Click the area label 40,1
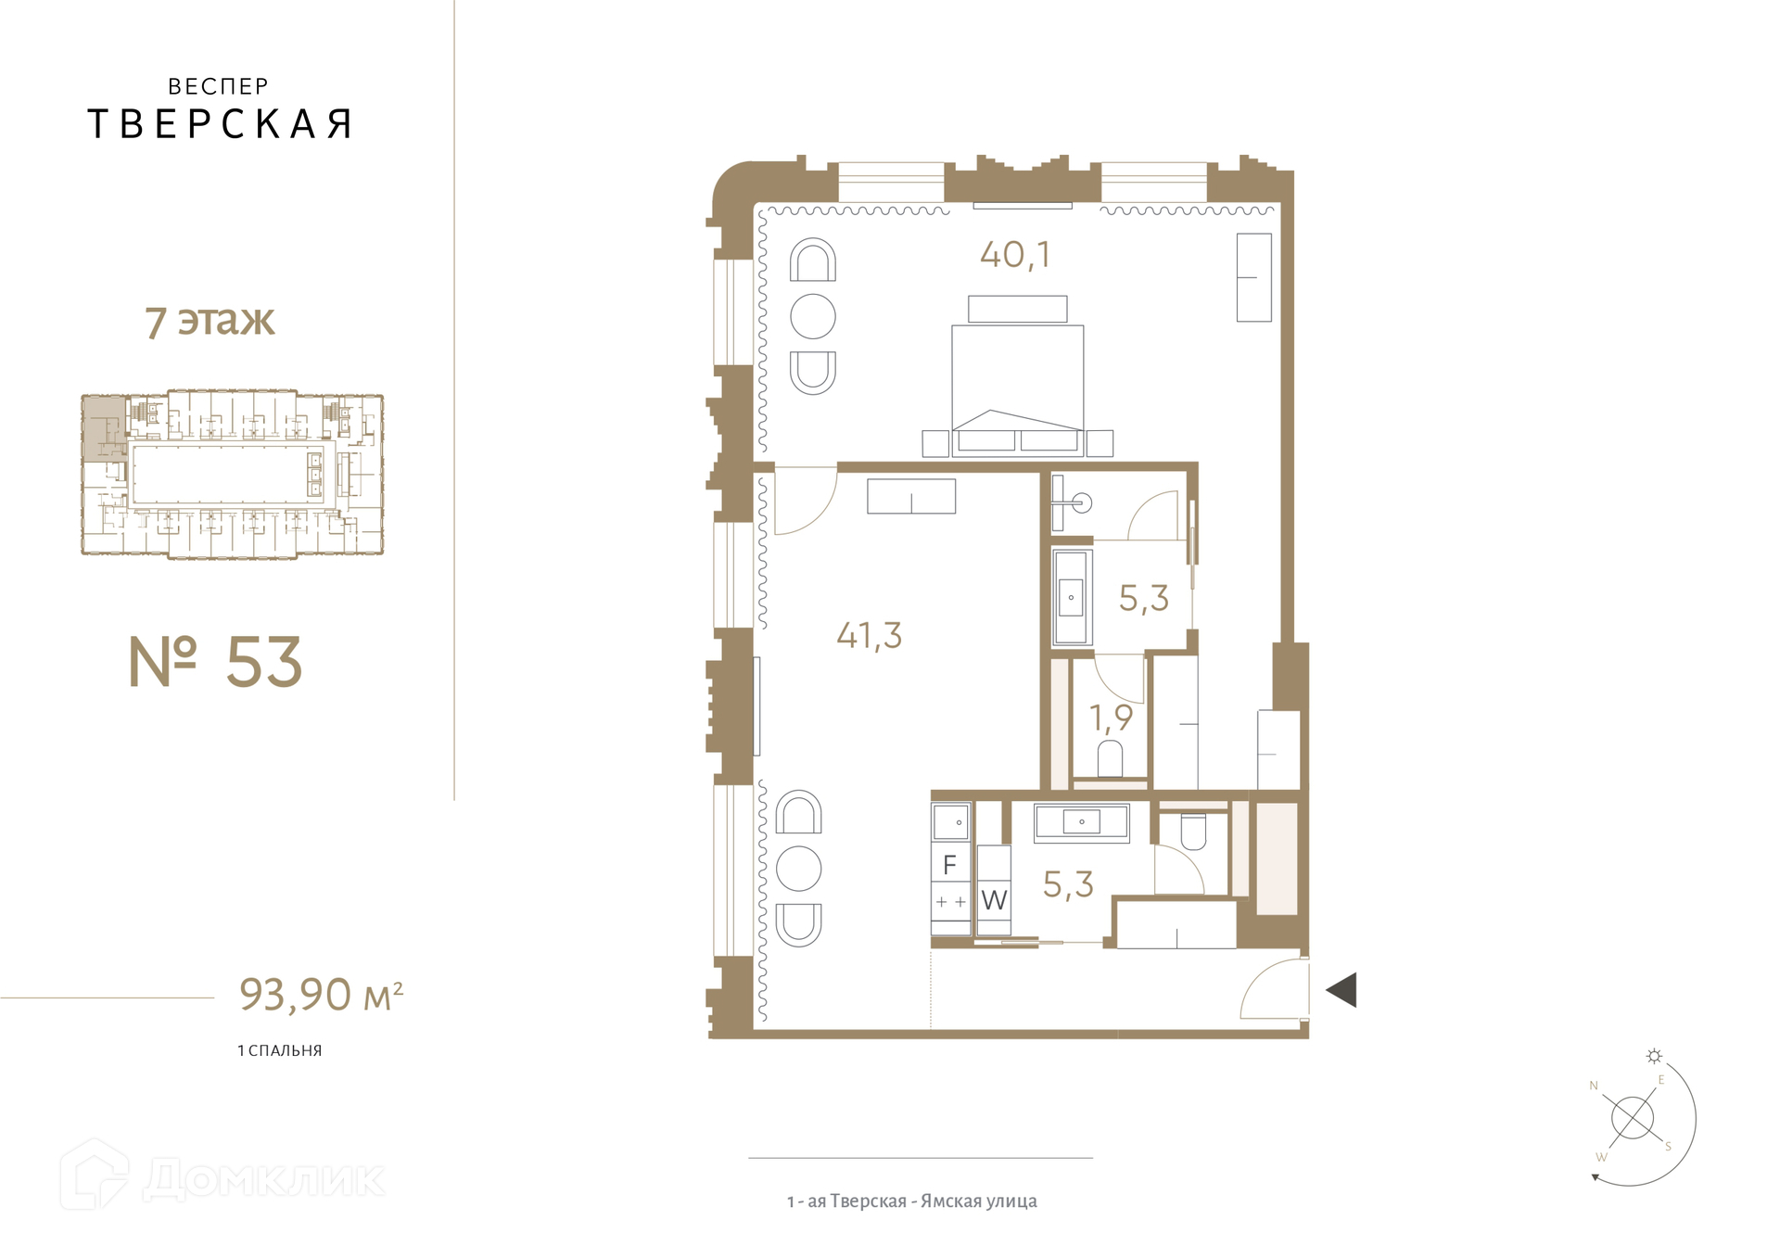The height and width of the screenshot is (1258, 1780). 1015,255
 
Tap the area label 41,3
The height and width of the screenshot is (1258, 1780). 869,635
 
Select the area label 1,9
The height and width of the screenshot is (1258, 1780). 1111,718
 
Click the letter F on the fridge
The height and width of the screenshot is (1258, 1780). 949,865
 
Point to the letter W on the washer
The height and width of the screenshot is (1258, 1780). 994,899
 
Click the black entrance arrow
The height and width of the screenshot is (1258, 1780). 1341,989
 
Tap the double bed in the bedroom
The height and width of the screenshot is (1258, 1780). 1017,389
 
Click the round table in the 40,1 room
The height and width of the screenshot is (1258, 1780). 813,316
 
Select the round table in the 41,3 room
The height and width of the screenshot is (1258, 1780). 798,869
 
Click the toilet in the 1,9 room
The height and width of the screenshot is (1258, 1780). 1110,758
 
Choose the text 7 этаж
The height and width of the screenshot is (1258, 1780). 210,322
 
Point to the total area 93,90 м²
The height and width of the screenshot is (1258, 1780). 321,994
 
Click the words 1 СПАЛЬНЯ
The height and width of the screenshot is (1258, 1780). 280,1050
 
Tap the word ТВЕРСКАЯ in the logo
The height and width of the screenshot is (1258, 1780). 220,124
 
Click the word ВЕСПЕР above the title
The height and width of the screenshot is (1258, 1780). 219,86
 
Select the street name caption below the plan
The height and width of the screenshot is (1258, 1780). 912,1201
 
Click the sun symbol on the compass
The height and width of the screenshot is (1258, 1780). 1654,1056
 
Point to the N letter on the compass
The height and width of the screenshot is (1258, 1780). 1594,1086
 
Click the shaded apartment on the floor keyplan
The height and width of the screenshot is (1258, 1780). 104,427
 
